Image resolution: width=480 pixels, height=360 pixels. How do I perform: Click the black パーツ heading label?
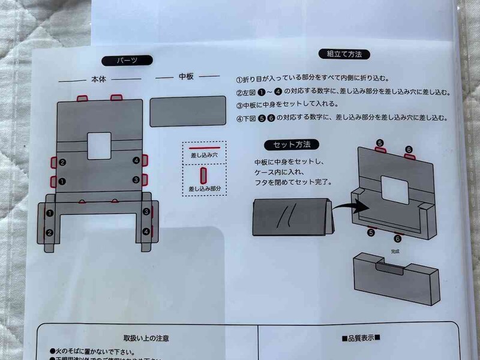click(127, 60)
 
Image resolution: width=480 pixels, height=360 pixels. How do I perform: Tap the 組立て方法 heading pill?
click(344, 54)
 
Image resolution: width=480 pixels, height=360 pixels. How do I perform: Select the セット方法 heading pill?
click(292, 145)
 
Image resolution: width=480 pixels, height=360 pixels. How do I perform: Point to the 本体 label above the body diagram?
click(98, 79)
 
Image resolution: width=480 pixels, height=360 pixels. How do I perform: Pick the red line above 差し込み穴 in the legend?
click(203, 146)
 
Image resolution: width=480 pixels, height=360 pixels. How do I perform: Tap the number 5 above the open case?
click(379, 143)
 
